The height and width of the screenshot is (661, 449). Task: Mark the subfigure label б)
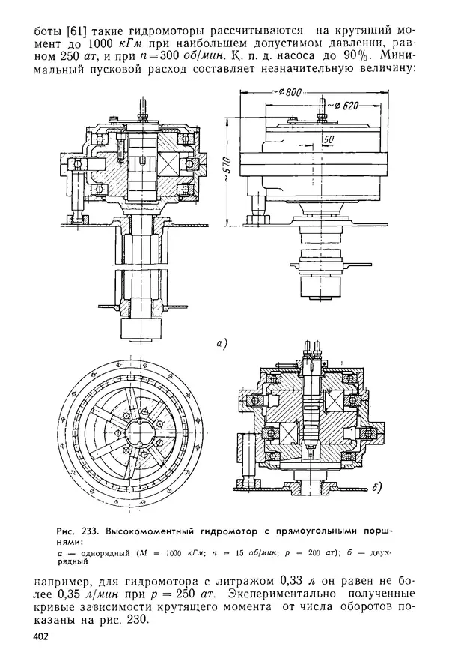pyautogui.click(x=376, y=488)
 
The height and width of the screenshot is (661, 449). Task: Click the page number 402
pyautogui.click(x=40, y=636)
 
